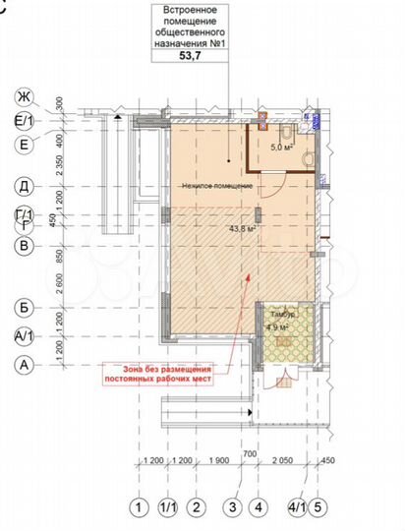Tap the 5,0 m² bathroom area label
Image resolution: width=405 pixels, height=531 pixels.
(282, 147)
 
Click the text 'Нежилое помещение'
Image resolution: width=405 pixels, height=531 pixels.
(216, 185)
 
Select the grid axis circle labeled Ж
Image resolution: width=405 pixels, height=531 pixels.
(22, 96)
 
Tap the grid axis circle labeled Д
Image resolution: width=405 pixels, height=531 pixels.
(22, 185)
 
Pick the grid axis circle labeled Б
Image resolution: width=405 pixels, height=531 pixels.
(22, 308)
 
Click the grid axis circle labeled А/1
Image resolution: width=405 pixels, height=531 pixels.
(22, 336)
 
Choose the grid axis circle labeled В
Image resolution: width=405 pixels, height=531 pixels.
(22, 247)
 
